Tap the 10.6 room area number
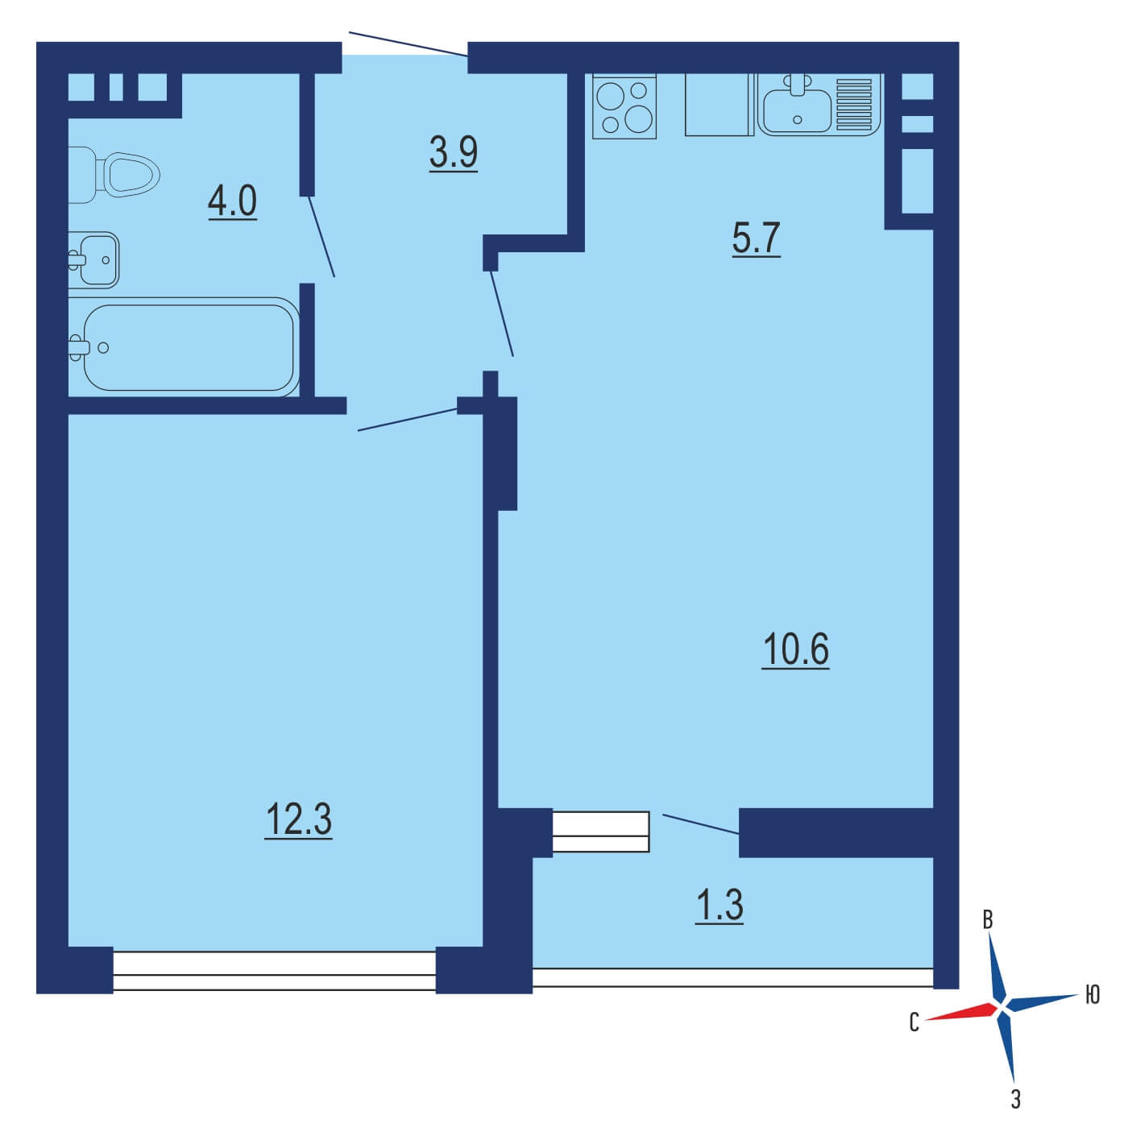(x=795, y=649)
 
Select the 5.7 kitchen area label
(x=756, y=238)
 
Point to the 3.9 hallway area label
(x=453, y=153)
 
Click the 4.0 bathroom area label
(x=232, y=201)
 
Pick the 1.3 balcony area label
(x=720, y=906)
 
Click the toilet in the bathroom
(x=114, y=175)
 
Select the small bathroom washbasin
(x=95, y=259)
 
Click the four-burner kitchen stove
(x=624, y=106)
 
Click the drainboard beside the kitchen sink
(x=855, y=104)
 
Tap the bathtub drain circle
(x=103, y=348)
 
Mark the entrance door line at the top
(x=408, y=44)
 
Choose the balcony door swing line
(x=701, y=823)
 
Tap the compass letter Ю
(x=1093, y=994)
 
